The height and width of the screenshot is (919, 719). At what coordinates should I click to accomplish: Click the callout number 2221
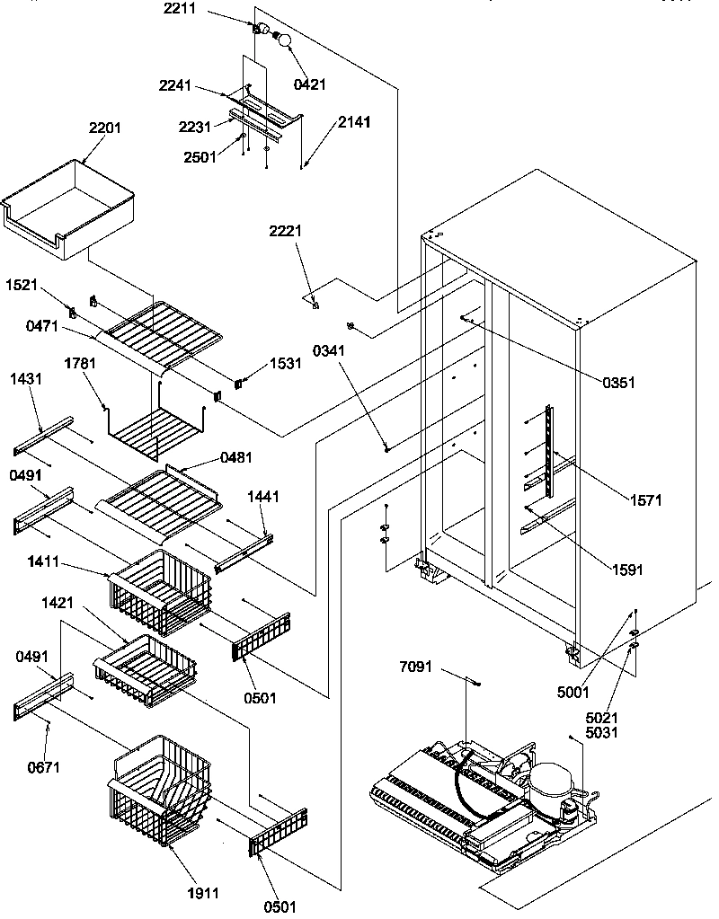tap(285, 232)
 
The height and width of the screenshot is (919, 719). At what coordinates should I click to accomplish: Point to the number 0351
tap(618, 382)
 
